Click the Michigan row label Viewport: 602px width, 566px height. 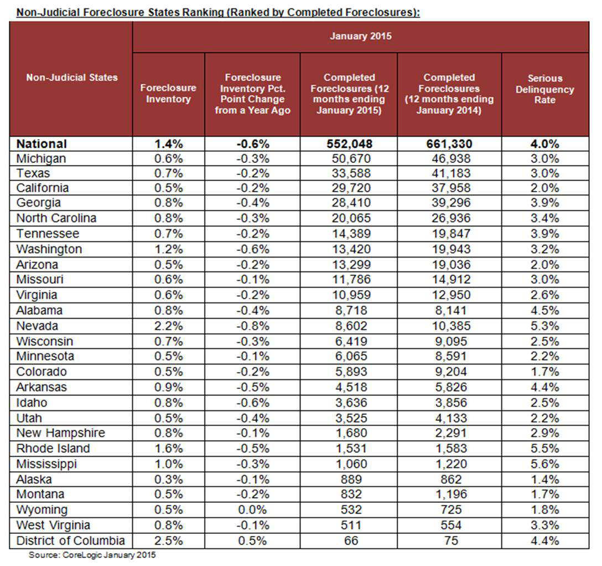[41, 159]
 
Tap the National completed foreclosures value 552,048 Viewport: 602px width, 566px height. [349, 144]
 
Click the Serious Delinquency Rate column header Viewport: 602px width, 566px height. [544, 89]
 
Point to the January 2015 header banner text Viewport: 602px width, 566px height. [360, 37]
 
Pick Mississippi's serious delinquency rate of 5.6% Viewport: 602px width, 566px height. [544, 464]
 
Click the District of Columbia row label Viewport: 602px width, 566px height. [70, 541]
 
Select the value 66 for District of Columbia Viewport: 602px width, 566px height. [349, 541]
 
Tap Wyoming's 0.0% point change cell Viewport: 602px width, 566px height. [252, 510]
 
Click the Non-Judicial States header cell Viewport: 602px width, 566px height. [72, 78]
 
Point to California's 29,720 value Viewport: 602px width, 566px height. [349, 188]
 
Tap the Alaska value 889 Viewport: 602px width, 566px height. [349, 479]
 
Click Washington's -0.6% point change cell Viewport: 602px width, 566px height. [252, 249]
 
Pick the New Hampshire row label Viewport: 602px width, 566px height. [60, 433]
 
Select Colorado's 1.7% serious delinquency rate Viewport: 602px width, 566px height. [544, 372]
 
